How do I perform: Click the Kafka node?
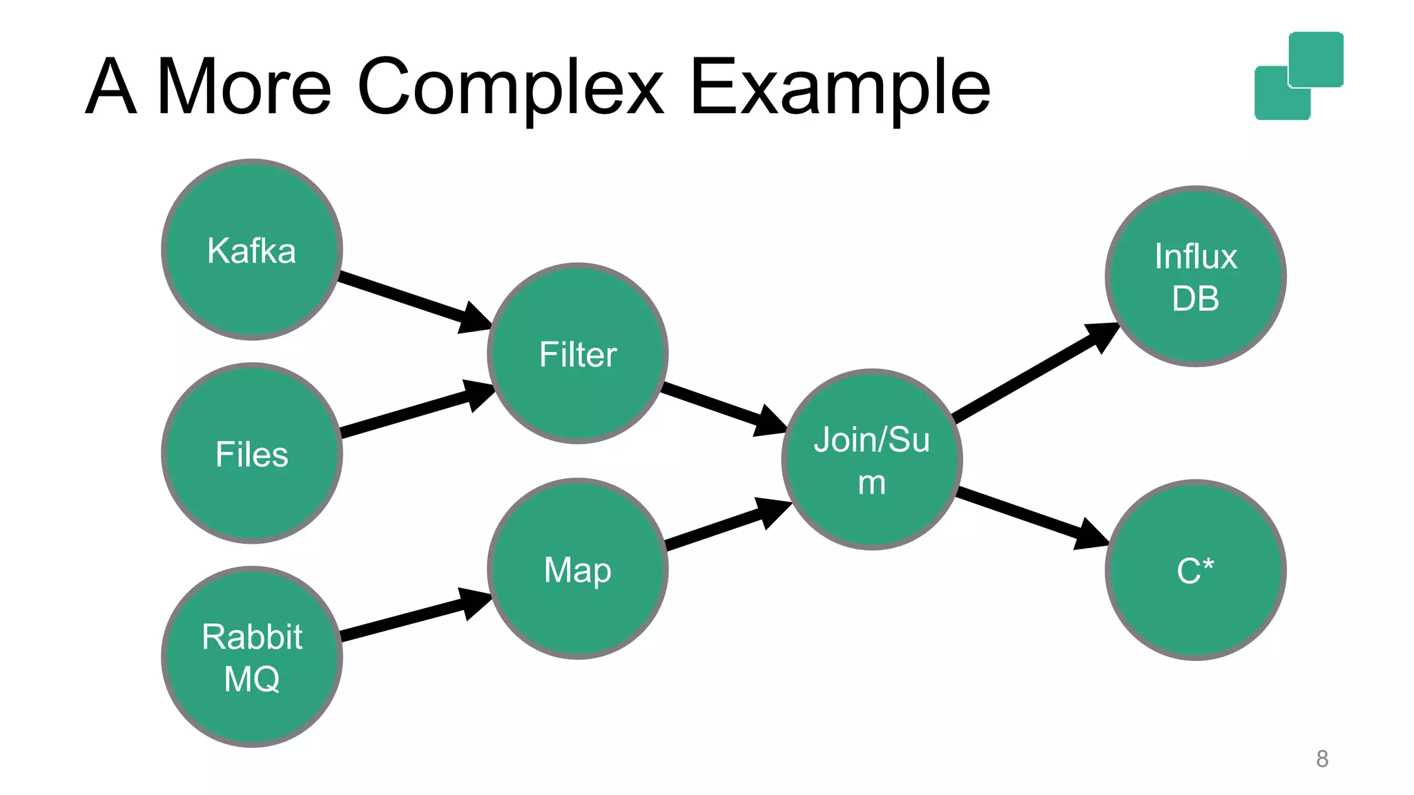coord(252,250)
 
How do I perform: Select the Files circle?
coord(252,453)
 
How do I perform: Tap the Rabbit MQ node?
coord(252,656)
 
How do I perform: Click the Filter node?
coord(578,353)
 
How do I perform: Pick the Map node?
coord(578,569)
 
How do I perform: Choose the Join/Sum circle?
coord(872,460)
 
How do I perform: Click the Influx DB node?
coord(1196,276)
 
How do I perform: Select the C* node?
coord(1196,570)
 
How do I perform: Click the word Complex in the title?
coord(510,88)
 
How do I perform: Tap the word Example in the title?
coord(840,88)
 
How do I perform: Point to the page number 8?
coord(1321,758)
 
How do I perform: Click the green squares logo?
coord(1299,76)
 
